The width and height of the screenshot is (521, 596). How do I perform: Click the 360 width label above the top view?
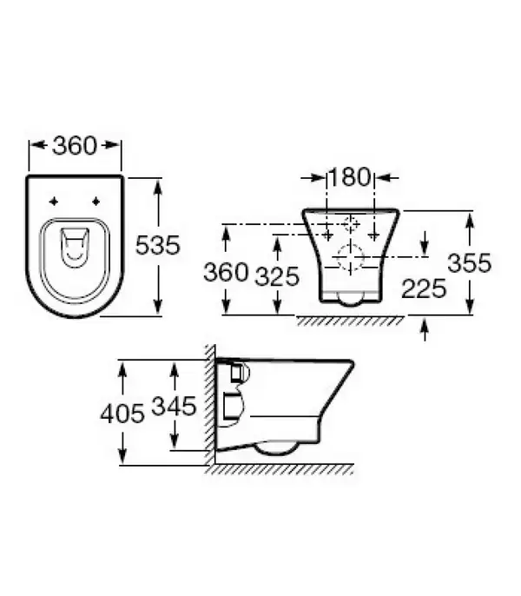point(75,146)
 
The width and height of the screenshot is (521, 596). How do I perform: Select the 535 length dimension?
point(157,245)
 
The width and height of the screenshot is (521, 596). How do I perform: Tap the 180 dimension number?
point(349,177)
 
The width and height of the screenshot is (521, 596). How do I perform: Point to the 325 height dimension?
point(277,276)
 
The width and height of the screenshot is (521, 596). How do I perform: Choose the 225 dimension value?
point(424,288)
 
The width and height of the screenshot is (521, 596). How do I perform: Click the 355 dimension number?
point(470,263)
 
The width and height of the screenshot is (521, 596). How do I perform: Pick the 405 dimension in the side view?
point(122,414)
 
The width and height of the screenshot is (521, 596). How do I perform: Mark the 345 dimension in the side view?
point(174,406)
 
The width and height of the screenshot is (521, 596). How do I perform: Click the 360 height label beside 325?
point(226,272)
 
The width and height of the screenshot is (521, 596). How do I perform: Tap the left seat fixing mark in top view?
point(54,202)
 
